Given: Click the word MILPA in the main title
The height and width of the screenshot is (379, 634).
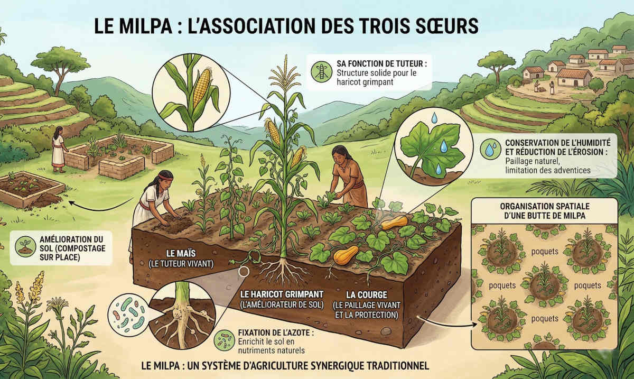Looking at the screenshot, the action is click(x=146, y=26).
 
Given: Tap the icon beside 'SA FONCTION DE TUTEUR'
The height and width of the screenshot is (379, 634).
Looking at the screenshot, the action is click(x=321, y=71).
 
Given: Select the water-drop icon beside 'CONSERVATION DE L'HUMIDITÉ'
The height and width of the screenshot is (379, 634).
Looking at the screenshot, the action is click(x=490, y=149).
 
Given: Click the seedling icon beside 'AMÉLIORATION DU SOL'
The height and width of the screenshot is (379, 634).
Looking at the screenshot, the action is click(x=25, y=246).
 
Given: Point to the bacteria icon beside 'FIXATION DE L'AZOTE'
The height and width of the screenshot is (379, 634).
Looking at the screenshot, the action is click(x=224, y=340).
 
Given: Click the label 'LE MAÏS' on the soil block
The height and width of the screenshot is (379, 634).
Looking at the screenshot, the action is click(x=181, y=253).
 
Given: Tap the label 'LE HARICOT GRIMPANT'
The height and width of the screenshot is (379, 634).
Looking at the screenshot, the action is click(x=282, y=294).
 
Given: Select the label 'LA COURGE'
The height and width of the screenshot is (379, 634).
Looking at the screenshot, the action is click(x=367, y=295).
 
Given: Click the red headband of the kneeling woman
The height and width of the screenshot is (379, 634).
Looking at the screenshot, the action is click(x=164, y=177).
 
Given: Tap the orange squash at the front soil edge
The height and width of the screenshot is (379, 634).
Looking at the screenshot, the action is click(x=346, y=255).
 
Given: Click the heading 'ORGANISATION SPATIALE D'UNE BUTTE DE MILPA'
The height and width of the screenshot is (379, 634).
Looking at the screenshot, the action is click(x=545, y=211).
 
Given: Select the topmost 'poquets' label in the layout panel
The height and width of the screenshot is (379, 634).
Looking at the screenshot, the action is click(x=545, y=252).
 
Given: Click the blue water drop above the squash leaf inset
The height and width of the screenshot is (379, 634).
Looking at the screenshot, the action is click(x=434, y=117).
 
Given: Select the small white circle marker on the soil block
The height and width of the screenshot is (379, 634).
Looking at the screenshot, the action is click(x=244, y=271).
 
